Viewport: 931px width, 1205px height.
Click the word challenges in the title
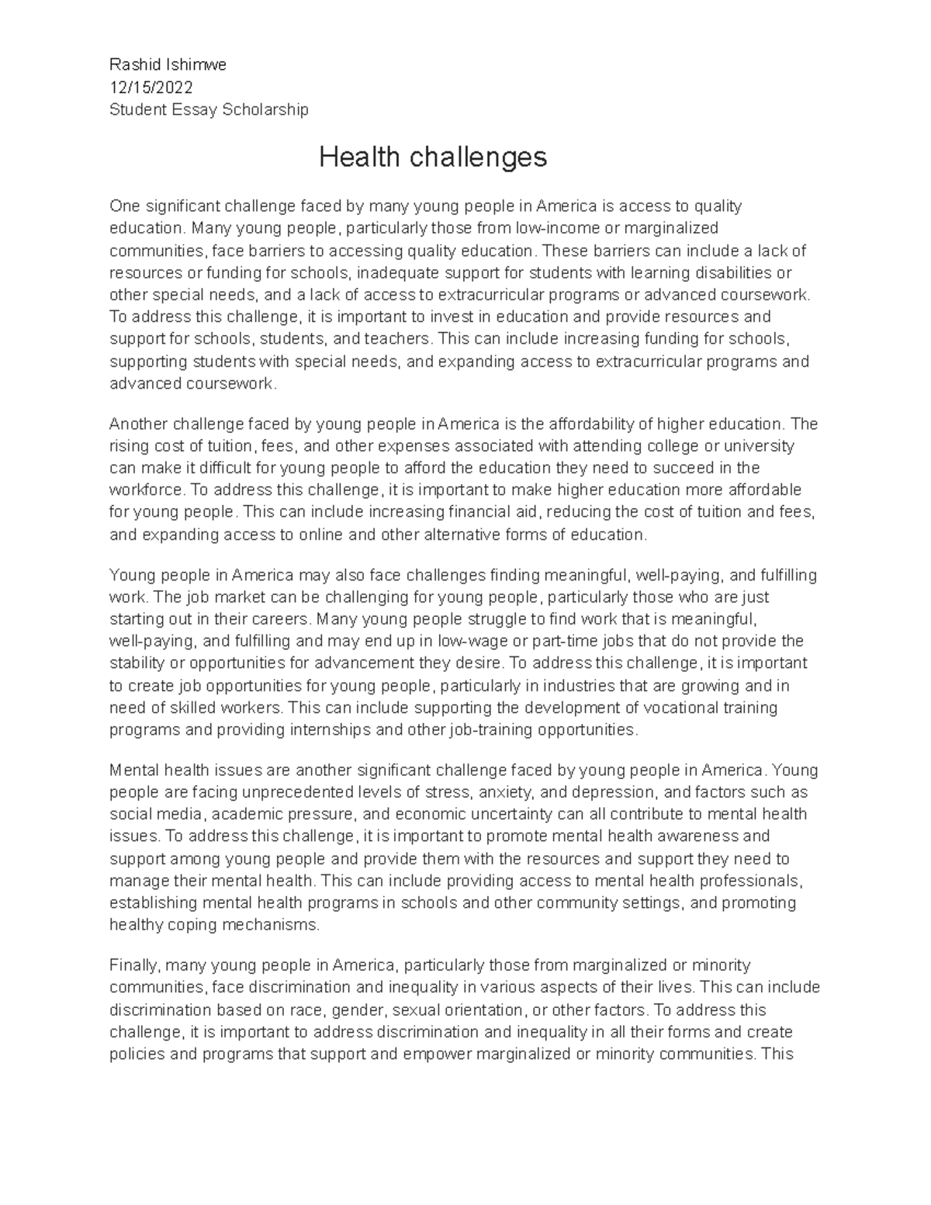point(479,158)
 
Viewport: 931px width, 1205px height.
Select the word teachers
point(386,339)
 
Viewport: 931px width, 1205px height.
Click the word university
point(756,446)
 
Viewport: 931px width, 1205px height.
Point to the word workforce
point(145,490)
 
